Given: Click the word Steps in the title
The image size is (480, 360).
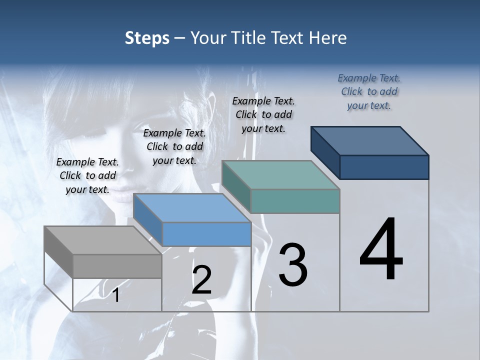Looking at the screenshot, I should pos(146,38).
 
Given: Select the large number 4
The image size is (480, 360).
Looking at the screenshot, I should pos(381,250).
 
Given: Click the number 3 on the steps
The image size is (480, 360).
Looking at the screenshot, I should pos(293,265).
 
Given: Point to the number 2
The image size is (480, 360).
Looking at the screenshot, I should pos(201,280).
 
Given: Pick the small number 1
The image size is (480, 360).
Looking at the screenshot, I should pos(116,295).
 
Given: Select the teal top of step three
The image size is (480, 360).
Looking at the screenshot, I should pos(280,175).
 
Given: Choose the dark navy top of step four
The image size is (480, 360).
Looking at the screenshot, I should pos(369,140).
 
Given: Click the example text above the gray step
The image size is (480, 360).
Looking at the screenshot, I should pos(87,175).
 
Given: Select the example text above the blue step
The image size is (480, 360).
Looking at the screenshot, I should pos(174,146).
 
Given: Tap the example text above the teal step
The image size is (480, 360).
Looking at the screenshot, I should pos(263,114).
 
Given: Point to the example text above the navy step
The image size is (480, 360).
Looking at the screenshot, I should pos(369,91).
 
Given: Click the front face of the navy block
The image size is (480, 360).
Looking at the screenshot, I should pos(384,167).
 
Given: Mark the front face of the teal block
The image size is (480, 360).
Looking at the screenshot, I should pos(295,201).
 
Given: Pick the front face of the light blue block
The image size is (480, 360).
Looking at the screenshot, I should pos(206,234).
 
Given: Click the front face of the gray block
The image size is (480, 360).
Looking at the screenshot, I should pos(117,266).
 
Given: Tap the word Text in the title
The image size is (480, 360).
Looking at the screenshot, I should pos(289,38).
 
